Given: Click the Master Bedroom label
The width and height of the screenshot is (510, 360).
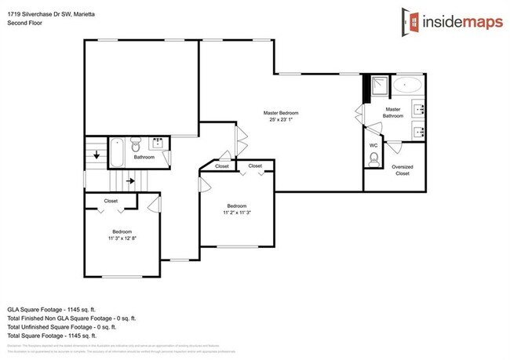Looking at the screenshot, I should (280, 113).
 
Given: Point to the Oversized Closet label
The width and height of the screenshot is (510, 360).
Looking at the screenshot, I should (402, 169).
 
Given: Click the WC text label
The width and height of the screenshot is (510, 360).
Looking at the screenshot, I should (373, 145).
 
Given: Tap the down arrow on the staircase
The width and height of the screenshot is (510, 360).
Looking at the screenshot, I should (97, 155).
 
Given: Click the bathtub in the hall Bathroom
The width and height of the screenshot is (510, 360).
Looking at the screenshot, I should (116, 151).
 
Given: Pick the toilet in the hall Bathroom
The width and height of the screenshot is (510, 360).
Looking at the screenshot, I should (135, 145).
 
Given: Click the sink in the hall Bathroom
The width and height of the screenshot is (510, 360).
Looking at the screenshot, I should (157, 143).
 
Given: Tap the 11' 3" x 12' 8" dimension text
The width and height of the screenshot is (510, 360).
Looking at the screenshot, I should (121, 238).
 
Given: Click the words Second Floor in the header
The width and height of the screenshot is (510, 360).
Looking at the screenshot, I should (25, 23).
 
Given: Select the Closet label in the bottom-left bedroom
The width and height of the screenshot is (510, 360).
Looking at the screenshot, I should (111, 201).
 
